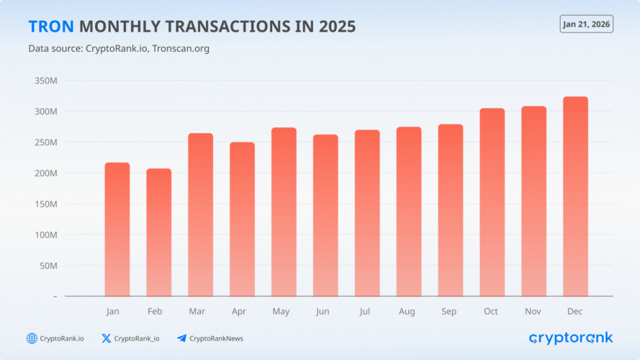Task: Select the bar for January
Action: [x=117, y=229]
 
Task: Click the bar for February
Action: [x=159, y=232]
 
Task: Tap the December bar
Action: [x=575, y=196]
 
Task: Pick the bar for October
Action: [x=492, y=202]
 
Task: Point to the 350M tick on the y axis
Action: [x=45, y=81]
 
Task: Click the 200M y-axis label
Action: [x=45, y=173]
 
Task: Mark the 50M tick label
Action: [x=48, y=266]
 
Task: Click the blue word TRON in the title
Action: [x=50, y=27]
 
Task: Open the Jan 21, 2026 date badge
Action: [x=586, y=24]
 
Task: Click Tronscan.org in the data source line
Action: [x=181, y=48]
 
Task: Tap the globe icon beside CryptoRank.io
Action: [x=32, y=338]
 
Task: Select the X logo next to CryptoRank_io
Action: [x=107, y=338]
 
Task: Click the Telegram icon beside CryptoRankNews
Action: [x=181, y=338]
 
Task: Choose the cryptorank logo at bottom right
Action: [x=570, y=338]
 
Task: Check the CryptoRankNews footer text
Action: [x=216, y=338]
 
